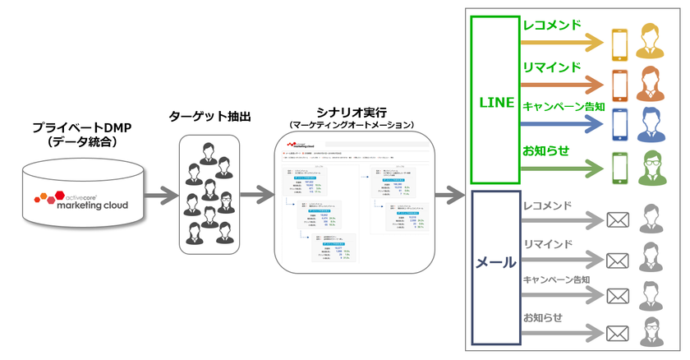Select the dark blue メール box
[x=496, y=263]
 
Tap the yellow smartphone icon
[x=620, y=42]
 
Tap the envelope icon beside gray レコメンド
[x=617, y=221]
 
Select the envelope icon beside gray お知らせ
[x=617, y=334]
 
